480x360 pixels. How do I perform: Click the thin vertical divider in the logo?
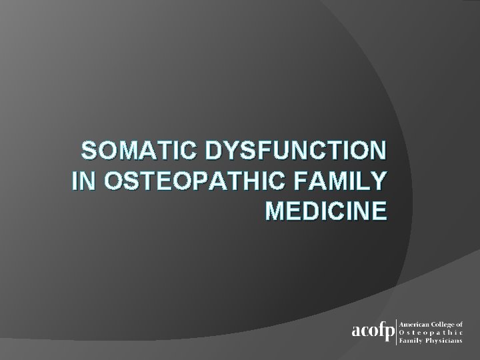coord(397,331)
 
